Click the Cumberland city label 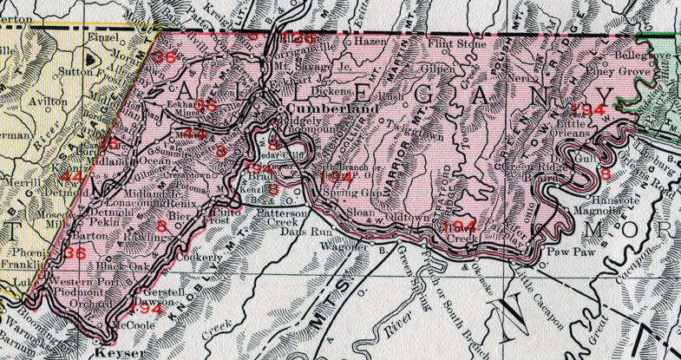click(x=319, y=110)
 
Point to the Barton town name click(x=91, y=234)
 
